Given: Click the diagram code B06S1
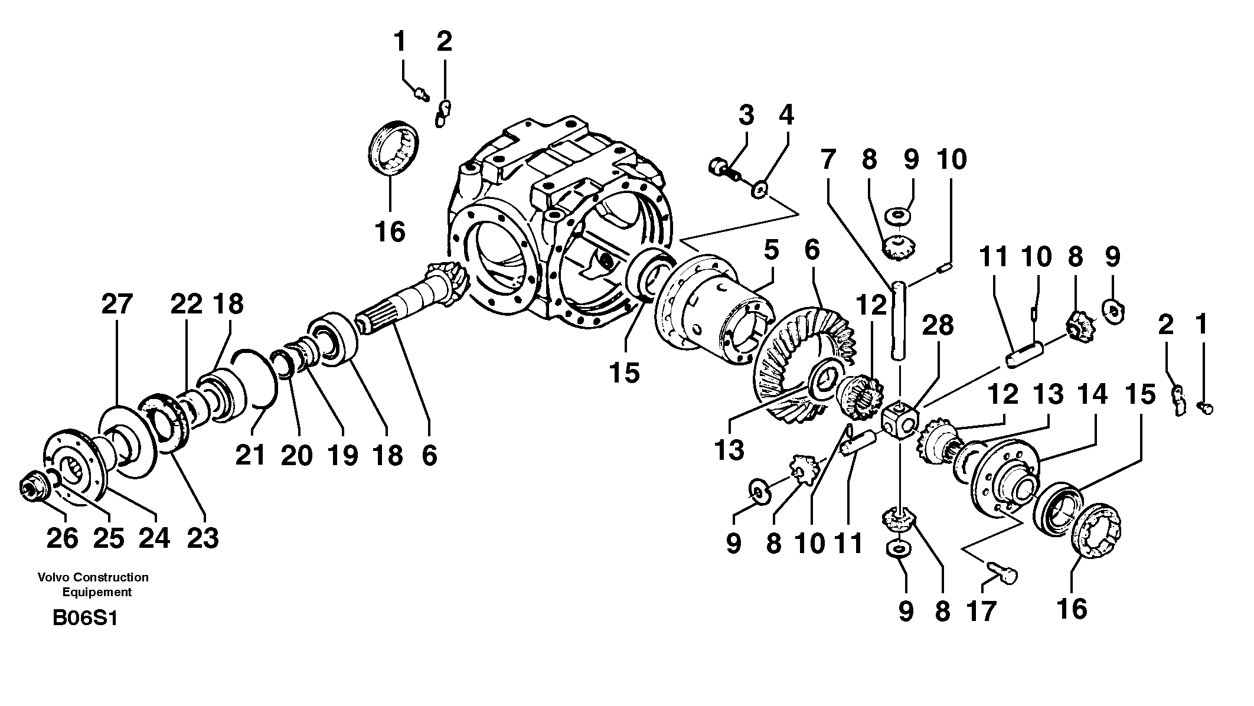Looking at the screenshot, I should [x=85, y=618].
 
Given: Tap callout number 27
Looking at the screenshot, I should [x=117, y=305].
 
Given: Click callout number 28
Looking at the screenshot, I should [x=937, y=325].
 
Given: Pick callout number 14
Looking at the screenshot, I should [x=1093, y=394].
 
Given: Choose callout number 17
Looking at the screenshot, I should [x=981, y=611].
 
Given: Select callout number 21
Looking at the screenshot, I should [x=251, y=455].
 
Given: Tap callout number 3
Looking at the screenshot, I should [x=746, y=115].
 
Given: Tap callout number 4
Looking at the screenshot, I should [x=786, y=115].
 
